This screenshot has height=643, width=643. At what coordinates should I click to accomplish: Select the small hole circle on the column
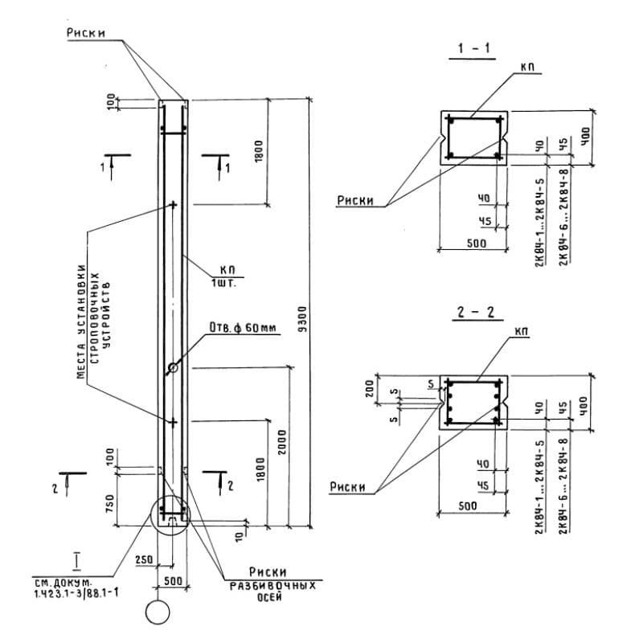pos(172,369)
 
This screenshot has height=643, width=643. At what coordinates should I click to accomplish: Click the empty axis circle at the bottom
pos(158,612)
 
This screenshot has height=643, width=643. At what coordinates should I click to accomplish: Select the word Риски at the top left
pos(86,34)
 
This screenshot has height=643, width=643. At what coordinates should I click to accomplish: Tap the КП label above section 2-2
pos(526,330)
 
